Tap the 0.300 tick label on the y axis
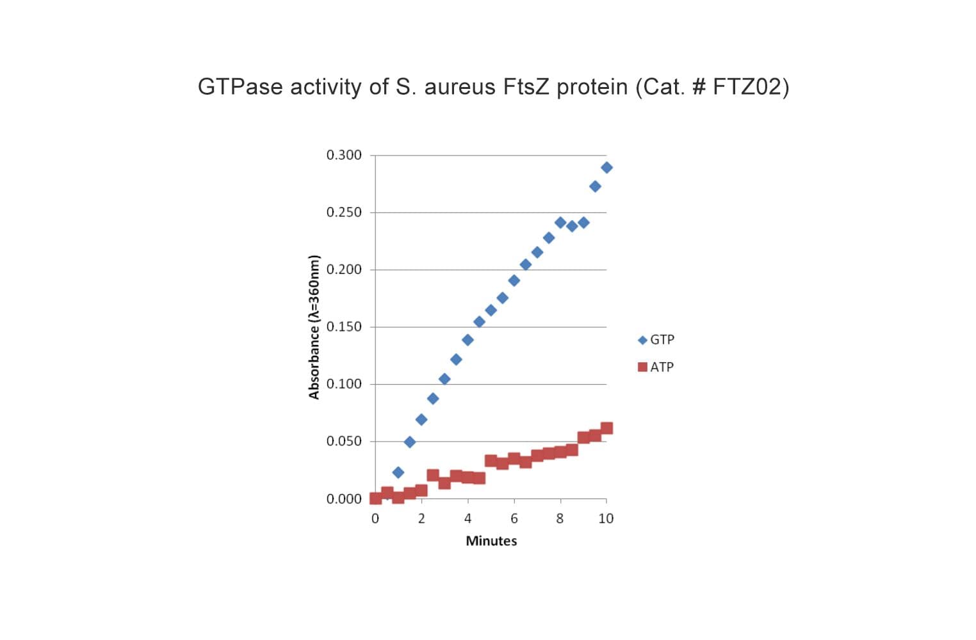coord(344,155)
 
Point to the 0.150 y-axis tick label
coord(344,327)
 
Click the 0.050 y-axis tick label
coord(344,442)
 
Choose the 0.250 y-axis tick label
coord(344,212)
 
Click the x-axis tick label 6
coord(514,519)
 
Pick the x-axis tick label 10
coord(606,519)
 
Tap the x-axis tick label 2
coord(421,519)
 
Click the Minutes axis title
coord(491,541)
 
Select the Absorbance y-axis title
coord(314,327)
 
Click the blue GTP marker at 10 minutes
coord(606,168)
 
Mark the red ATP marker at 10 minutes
coord(606,428)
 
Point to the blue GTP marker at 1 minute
coord(398,472)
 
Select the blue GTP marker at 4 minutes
coord(468,340)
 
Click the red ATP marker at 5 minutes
coord(491,460)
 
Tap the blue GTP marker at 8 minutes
coord(560,223)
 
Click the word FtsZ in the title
coord(526,87)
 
